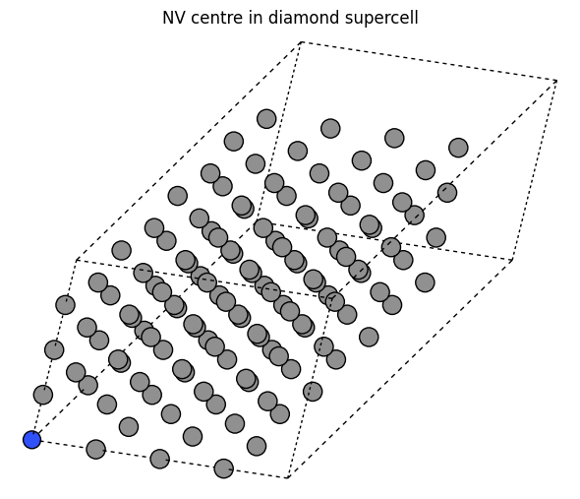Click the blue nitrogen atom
click(31, 440)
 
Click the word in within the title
click(256, 18)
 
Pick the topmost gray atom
click(266, 119)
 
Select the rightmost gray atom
click(458, 148)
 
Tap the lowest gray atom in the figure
click(224, 468)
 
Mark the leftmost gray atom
click(43, 395)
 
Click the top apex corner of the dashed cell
click(302, 42)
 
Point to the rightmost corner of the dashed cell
click(556, 81)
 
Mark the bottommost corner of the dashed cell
click(288, 478)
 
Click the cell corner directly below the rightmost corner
click(512, 261)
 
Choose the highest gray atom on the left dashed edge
click(66, 305)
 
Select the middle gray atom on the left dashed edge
click(54, 349)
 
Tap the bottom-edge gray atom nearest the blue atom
click(95, 450)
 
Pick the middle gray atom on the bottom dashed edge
click(160, 459)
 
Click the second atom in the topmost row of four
click(330, 129)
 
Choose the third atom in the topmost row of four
click(394, 138)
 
